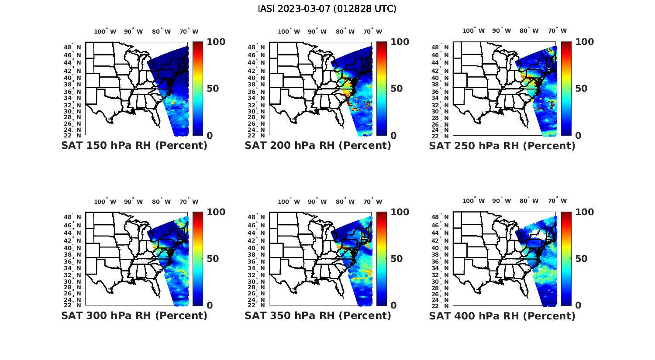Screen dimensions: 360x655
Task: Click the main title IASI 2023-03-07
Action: (x=327, y=9)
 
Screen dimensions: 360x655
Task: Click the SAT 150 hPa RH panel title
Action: (x=134, y=146)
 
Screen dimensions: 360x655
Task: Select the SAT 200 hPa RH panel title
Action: (x=318, y=146)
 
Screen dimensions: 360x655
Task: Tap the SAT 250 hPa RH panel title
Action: (x=502, y=146)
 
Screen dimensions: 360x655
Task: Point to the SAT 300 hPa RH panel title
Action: (x=134, y=315)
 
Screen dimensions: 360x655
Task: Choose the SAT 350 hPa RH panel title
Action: (x=318, y=315)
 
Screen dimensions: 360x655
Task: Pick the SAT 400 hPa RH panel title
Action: (x=502, y=315)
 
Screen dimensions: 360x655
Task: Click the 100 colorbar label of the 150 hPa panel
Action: (x=216, y=42)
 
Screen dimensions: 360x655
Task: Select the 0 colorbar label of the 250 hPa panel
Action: (x=578, y=135)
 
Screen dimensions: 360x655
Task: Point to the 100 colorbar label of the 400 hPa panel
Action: (x=584, y=212)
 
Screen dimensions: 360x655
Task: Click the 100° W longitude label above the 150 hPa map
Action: (x=105, y=31)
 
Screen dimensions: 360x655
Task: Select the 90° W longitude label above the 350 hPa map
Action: (x=317, y=202)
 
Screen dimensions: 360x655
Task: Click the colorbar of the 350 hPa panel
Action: (x=381, y=259)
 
